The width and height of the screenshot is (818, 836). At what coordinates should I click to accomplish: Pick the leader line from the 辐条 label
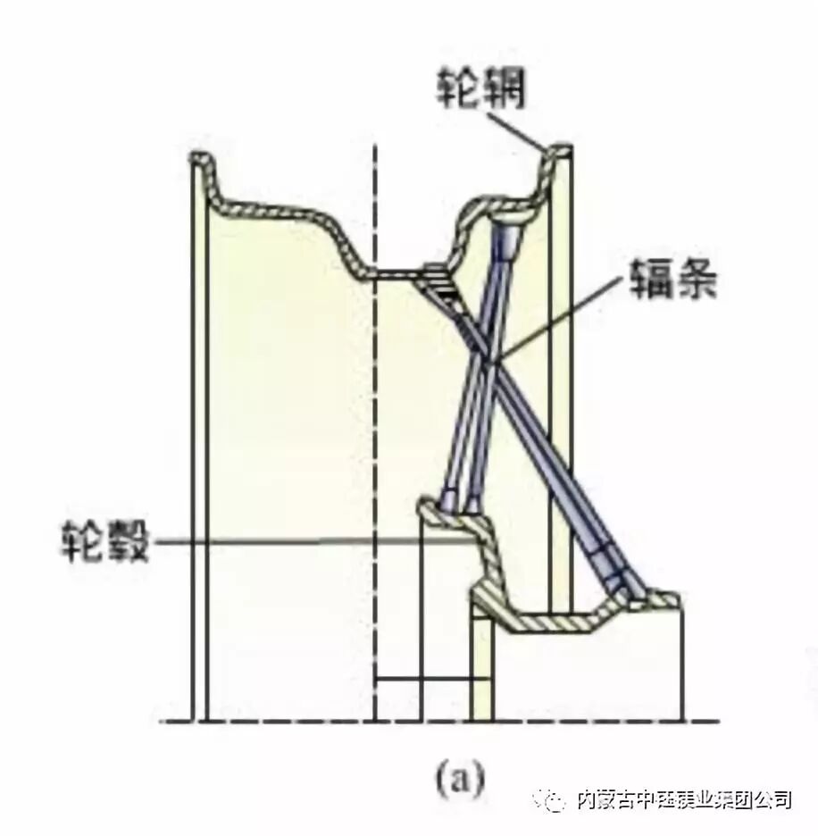click(554, 318)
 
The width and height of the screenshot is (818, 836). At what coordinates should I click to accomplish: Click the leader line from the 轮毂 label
click(313, 539)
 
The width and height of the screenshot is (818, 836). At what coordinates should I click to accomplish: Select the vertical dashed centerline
click(375, 447)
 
